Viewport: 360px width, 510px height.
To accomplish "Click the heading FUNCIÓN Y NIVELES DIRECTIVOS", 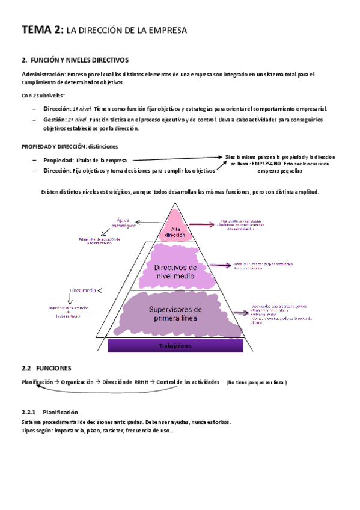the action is (79, 60).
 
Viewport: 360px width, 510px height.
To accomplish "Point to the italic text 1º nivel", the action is (82, 109).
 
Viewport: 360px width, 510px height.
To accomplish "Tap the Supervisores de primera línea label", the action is (175, 313).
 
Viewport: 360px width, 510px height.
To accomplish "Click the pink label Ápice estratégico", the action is (123, 223).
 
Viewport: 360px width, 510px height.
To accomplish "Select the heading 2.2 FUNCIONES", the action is (46, 367).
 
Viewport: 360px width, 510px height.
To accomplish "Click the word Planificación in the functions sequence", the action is (37, 382).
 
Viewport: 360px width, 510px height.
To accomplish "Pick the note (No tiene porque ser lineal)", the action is (257, 382).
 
